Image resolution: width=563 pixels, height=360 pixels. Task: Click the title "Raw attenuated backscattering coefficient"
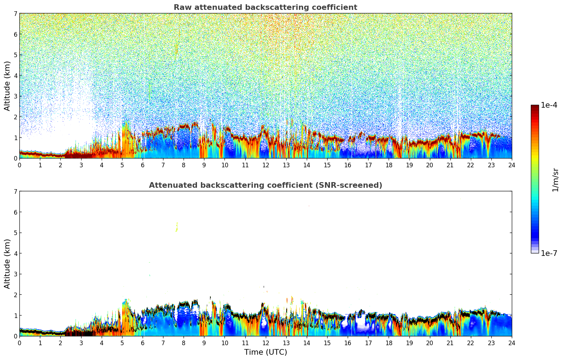265,7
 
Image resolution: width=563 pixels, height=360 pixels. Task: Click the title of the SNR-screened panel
265,185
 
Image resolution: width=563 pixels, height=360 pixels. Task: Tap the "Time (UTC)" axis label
265,352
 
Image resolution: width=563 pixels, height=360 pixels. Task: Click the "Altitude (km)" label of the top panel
7,86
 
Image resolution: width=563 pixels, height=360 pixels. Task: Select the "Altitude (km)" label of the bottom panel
7,264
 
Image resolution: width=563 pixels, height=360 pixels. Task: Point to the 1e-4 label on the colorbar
549,105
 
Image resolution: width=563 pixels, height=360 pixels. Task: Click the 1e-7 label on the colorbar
549,253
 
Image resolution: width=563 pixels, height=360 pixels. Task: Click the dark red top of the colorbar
535,107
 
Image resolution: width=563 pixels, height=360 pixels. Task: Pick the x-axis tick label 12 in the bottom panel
265,343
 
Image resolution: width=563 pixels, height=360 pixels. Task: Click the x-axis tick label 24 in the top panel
512,165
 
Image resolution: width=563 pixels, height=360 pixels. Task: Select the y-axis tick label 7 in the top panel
16,14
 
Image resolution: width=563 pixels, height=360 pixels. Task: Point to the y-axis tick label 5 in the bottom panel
16,233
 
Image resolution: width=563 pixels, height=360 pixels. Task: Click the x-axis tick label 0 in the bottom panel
19,343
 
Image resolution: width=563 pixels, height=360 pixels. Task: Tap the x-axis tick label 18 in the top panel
389,165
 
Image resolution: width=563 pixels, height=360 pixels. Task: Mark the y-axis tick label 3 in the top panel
16,96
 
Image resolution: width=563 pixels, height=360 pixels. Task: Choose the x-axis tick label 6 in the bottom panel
143,343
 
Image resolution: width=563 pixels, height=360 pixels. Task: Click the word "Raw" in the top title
181,7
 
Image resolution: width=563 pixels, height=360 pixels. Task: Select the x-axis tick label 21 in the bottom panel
450,343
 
